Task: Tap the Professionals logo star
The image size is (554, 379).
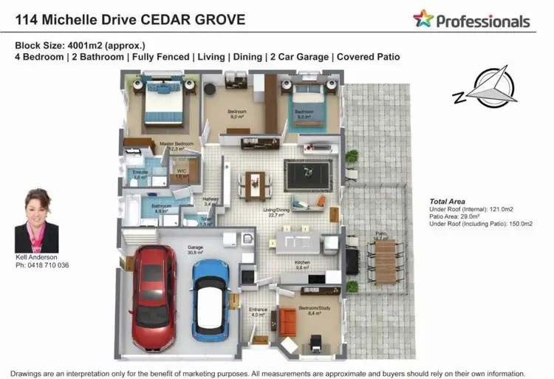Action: (423, 19)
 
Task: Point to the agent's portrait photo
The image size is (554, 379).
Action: (36, 220)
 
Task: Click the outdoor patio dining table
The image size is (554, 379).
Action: (386, 263)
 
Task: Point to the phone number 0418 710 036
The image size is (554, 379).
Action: (42, 265)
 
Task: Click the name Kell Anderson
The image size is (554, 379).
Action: (36, 257)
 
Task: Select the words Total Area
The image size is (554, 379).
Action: (447, 201)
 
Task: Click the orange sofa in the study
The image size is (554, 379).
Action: (288, 320)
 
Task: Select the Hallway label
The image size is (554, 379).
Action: (211, 200)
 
